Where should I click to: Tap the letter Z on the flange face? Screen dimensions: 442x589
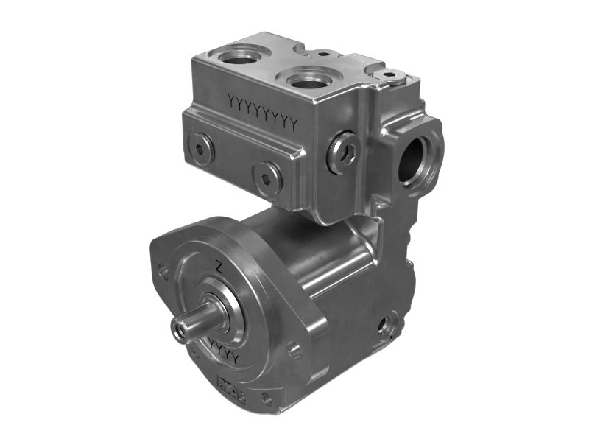[219, 267]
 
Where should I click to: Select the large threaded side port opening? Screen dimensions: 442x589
[415, 158]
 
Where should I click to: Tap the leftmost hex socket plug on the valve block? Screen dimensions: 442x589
[200, 147]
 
